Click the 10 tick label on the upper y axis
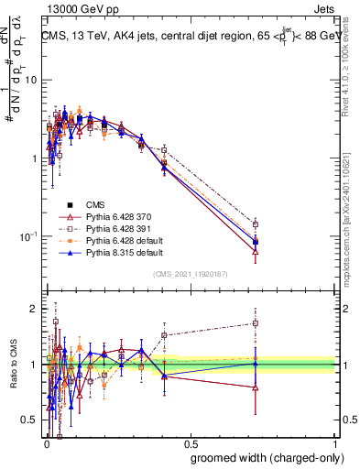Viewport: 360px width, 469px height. (30, 80)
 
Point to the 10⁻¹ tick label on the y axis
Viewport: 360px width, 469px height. (27, 236)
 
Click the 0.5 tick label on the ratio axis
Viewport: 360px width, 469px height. (30, 420)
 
